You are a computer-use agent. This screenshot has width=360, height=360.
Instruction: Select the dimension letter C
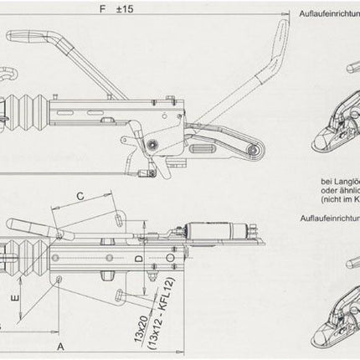[80, 196]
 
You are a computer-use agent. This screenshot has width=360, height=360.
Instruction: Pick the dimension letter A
[60, 344]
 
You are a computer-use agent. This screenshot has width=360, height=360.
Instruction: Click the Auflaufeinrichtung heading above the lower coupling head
[329, 215]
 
